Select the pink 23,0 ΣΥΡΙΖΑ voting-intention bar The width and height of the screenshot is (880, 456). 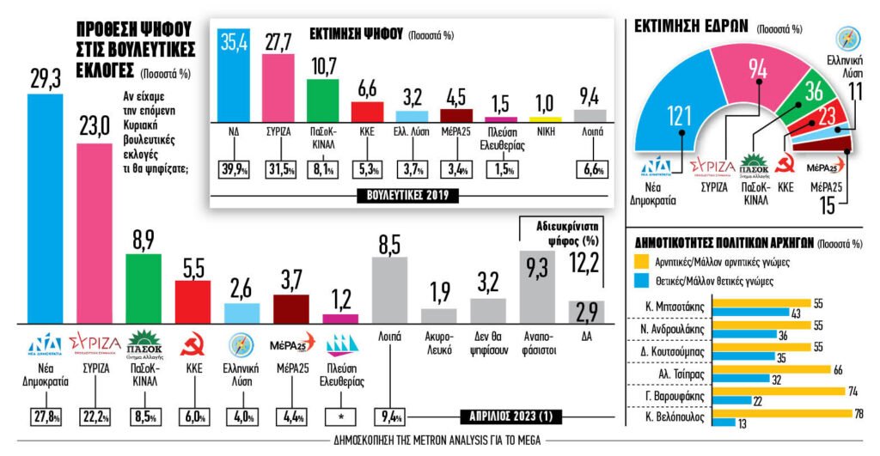coord(95,232)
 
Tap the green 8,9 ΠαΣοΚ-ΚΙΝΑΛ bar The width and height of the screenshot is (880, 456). coord(144,288)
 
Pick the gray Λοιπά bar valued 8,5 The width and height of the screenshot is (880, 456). coord(389,289)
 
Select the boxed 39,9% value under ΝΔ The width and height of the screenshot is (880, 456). coord(232,167)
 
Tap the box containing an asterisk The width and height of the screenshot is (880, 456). coord(341,417)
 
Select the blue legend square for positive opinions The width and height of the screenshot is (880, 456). coord(640,280)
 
